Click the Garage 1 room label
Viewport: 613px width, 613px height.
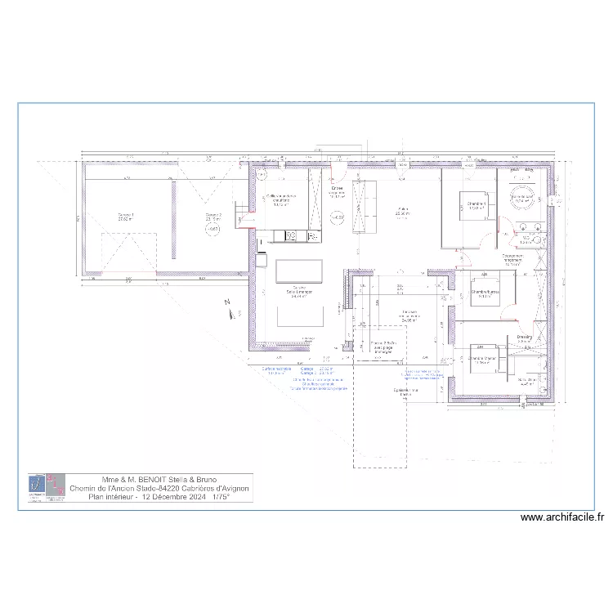tap(126, 217)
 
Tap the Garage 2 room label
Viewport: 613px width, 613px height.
tap(214, 217)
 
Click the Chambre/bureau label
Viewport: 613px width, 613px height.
tap(485, 292)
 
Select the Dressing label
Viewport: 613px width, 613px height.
tap(525, 337)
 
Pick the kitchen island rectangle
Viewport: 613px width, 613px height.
tap(299, 271)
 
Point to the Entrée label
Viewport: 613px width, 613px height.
tap(338, 190)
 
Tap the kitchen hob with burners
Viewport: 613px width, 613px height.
tap(290, 236)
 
